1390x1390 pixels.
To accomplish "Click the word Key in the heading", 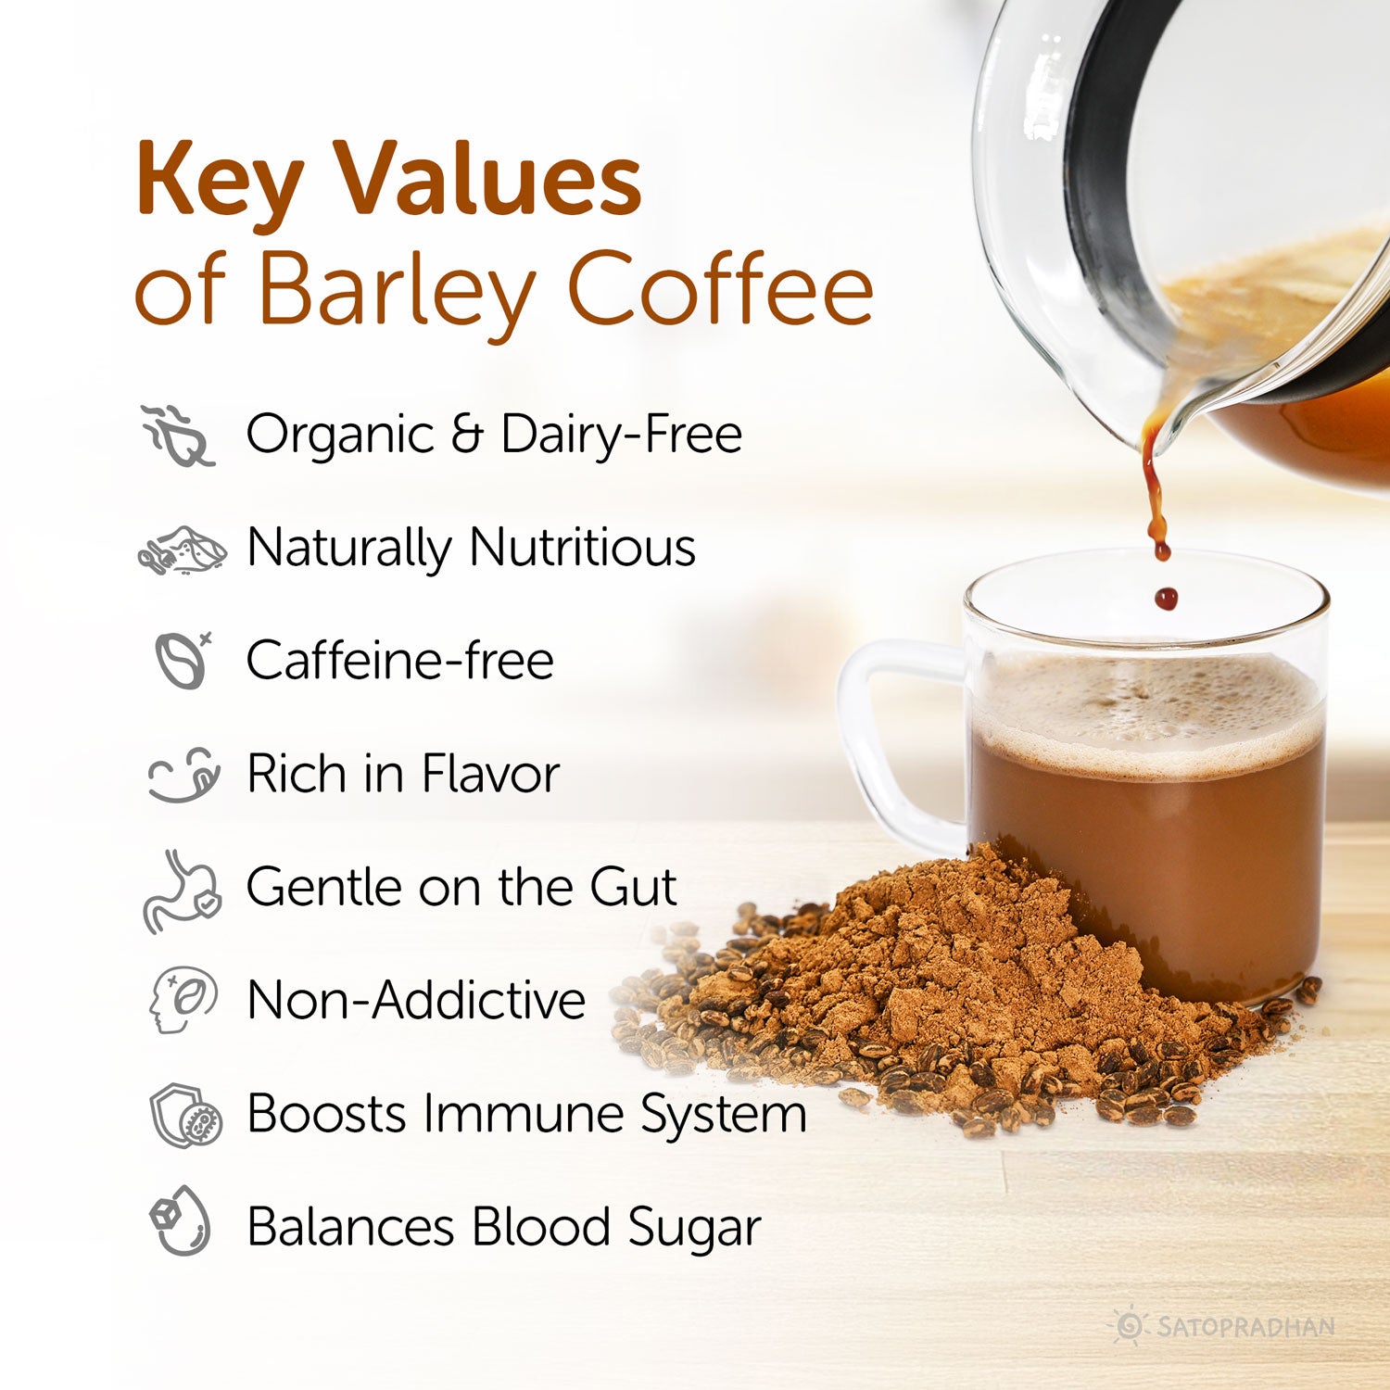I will [x=219, y=182].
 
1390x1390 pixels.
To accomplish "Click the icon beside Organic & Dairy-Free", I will [x=179, y=435].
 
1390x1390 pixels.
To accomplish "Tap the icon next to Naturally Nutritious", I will [x=183, y=550].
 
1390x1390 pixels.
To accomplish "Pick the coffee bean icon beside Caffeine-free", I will [x=183, y=660].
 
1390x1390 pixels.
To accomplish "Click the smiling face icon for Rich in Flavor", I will [x=184, y=774].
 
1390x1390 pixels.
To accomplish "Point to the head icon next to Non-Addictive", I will [x=183, y=1001].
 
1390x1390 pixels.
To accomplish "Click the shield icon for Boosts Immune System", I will [x=185, y=1115].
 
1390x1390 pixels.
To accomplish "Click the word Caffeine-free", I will [x=399, y=661].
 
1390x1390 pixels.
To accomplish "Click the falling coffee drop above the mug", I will [x=1166, y=598].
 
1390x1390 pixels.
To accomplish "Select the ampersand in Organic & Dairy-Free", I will [x=467, y=434].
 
